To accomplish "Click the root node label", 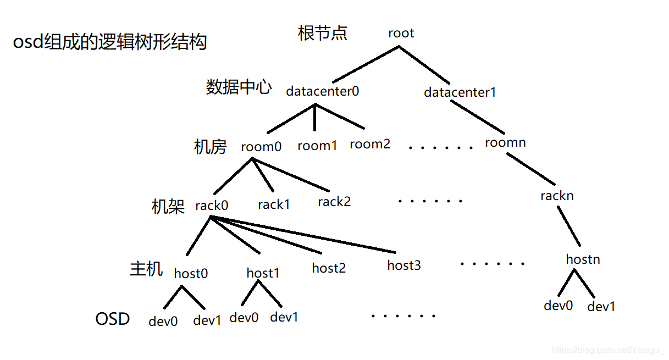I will [401, 33].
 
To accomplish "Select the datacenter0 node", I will [322, 91].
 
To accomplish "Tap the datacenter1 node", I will [460, 92].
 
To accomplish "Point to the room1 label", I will [317, 146].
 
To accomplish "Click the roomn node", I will [505, 142].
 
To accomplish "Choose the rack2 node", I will [334, 202].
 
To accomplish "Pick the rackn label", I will [557, 195].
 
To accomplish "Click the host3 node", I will [403, 265].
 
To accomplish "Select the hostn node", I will [583, 259].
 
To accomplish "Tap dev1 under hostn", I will [601, 307].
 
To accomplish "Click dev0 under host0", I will [163, 321].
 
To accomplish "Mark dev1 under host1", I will [284, 317].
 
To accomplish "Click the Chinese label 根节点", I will [322, 33].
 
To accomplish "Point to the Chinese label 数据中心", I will [239, 87].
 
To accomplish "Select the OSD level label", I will [112, 319].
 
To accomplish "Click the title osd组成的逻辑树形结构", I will [109, 42].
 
